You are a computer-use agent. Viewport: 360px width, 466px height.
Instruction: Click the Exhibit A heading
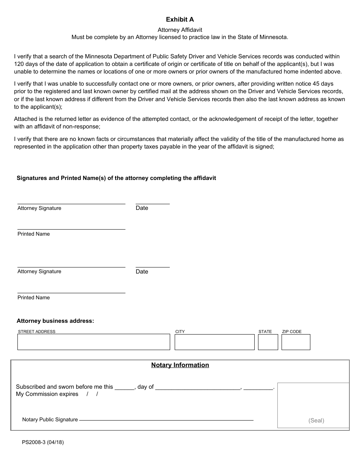(180, 19)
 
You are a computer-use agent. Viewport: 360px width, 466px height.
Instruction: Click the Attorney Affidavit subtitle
(180, 30)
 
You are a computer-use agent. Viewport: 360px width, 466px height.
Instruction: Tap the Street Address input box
(94, 342)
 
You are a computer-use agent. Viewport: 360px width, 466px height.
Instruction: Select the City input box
(214, 342)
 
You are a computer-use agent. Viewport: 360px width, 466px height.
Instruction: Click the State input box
(268, 342)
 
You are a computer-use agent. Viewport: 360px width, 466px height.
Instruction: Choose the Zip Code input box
(296, 342)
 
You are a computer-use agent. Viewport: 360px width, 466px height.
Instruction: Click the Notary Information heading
(180, 365)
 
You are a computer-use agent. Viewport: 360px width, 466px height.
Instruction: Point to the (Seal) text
(316, 421)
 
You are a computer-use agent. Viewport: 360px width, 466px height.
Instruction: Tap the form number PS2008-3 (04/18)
(43, 442)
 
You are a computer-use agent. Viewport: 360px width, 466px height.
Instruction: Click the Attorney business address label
(55, 321)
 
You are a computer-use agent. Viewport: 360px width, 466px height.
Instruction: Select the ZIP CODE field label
(292, 332)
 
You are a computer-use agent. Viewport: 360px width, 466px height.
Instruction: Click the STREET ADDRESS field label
(37, 332)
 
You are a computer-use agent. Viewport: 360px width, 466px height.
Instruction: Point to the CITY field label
(180, 332)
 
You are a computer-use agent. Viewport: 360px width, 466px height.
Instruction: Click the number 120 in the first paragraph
(19, 64)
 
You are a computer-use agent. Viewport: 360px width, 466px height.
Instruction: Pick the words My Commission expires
(47, 394)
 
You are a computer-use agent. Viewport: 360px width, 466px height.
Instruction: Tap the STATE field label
(265, 332)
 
